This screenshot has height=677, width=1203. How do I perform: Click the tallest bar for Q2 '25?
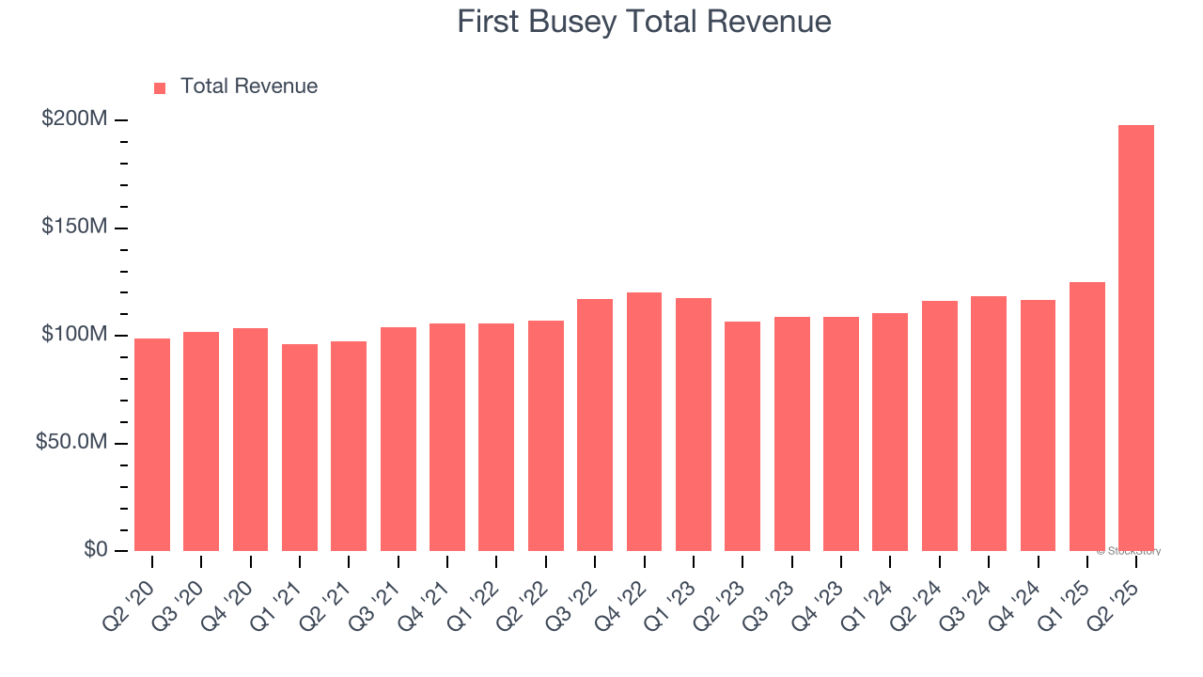pyautogui.click(x=1136, y=338)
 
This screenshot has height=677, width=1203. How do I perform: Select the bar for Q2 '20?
pyautogui.click(x=152, y=445)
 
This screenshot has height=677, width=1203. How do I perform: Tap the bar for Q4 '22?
pyautogui.click(x=644, y=422)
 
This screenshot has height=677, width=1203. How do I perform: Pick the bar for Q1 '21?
pyautogui.click(x=300, y=448)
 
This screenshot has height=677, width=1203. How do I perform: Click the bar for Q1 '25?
pyautogui.click(x=1087, y=417)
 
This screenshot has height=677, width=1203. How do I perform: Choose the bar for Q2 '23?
pyautogui.click(x=742, y=436)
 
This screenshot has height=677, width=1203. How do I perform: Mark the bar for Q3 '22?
pyautogui.click(x=595, y=425)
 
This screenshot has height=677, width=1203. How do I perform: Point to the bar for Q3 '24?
pyautogui.click(x=989, y=424)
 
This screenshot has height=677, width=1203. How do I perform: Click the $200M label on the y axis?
pyautogui.click(x=74, y=119)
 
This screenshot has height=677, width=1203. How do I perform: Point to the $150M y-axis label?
pyautogui.click(x=74, y=228)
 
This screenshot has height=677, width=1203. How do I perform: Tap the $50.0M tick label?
pyautogui.click(x=71, y=442)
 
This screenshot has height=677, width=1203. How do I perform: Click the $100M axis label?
pyautogui.click(x=74, y=335)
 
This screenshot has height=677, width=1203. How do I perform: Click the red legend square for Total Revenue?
pyautogui.click(x=160, y=87)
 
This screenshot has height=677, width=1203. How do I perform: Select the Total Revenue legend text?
pyautogui.click(x=249, y=87)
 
